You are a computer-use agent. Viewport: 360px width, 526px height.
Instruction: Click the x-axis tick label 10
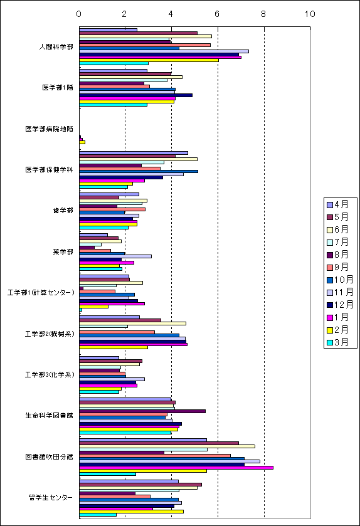pos(310,14)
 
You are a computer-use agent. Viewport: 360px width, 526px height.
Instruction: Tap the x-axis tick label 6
pos(217,14)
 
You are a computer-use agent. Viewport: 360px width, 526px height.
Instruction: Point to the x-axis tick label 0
pos(78,14)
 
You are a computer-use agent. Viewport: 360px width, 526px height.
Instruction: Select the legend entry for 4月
pos(338,204)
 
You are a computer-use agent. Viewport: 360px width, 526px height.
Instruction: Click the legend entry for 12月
pos(340,305)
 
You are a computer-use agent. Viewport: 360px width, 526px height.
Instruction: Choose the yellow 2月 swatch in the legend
pos(330,330)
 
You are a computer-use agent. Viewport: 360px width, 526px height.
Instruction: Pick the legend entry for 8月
pos(338,255)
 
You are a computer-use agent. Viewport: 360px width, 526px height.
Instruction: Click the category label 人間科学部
pos(56,46)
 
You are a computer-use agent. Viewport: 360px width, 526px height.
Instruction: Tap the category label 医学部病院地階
pos(50,129)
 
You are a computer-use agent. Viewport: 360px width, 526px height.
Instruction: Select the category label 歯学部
pos(63,210)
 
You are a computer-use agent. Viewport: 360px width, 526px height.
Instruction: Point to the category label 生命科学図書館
pos(50,415)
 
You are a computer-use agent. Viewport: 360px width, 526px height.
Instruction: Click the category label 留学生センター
pos(51,497)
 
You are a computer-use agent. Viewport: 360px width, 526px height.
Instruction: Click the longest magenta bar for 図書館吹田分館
pos(176,468)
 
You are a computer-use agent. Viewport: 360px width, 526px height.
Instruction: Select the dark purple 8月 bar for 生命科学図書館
pos(142,411)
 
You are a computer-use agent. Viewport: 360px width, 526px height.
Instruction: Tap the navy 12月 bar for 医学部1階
pos(136,95)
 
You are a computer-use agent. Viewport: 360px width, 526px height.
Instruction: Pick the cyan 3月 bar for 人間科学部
pos(114,63)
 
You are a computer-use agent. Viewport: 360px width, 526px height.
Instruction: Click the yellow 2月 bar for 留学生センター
pos(131,512)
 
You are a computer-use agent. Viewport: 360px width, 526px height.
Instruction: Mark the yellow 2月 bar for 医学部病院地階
pos(82,142)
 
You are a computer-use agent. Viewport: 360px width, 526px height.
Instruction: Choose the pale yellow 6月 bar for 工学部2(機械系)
pos(132,323)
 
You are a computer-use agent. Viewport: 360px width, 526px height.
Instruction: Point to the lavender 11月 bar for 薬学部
pos(115,256)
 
